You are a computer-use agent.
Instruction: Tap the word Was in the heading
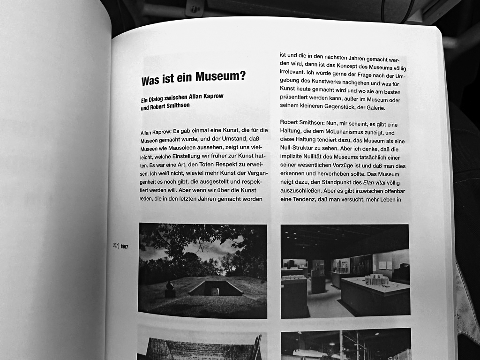(151, 81)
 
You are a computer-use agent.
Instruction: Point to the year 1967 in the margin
(124, 246)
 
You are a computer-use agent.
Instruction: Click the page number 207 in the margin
(115, 246)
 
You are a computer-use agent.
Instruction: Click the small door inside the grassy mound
(216, 291)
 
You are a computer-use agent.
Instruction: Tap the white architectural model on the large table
(377, 279)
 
